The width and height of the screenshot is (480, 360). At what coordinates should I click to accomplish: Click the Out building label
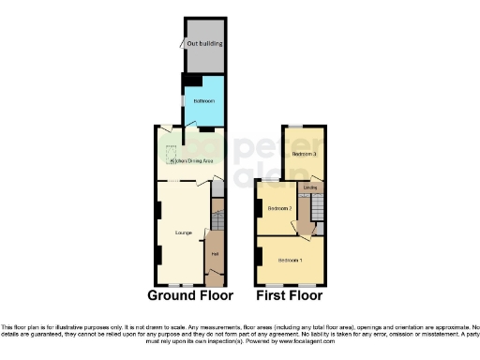point(204,44)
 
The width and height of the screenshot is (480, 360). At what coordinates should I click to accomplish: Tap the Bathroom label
point(203,99)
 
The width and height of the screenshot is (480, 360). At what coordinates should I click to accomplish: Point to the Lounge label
point(184,231)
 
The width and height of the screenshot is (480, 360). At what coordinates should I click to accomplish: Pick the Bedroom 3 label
point(304,154)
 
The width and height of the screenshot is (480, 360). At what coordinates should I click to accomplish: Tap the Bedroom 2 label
point(280,208)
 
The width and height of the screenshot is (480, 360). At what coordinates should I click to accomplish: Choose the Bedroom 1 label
point(289,260)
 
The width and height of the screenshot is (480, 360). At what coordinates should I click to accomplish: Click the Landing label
point(311,188)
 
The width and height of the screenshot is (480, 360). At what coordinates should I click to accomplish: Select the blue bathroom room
point(202,108)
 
